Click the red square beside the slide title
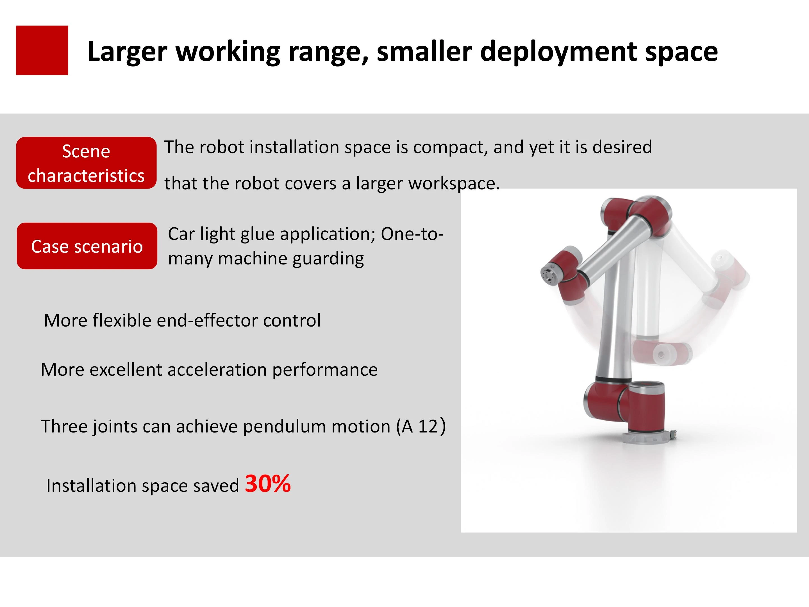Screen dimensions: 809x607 pyautogui.click(x=42, y=50)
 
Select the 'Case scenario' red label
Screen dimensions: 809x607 pyautogui.click(x=87, y=246)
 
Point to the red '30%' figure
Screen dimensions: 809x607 pyautogui.click(x=268, y=484)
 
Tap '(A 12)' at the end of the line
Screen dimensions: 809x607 pyautogui.click(x=421, y=426)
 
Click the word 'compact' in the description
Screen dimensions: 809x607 pyautogui.click(x=450, y=148)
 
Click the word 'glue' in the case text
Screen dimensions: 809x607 pyautogui.click(x=258, y=234)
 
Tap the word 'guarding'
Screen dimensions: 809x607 pyautogui.click(x=328, y=259)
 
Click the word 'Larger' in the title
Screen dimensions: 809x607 pyautogui.click(x=127, y=52)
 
